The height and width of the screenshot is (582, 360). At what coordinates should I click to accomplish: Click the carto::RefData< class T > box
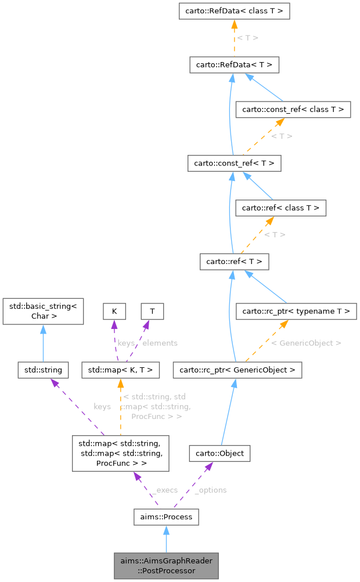pos(234,11)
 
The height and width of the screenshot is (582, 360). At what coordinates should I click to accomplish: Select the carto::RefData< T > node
pos(234,64)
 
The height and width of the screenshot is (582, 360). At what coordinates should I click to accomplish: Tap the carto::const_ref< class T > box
pos(293,109)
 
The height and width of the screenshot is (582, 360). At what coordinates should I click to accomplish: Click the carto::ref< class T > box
pos(280,207)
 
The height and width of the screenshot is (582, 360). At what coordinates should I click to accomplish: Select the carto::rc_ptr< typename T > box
pos(296,312)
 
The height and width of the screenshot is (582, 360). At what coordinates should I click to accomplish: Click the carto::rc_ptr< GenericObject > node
pos(237,369)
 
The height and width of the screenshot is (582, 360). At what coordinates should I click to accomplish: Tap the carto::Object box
pos(219,453)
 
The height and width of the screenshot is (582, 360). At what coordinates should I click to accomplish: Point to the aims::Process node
pos(166,516)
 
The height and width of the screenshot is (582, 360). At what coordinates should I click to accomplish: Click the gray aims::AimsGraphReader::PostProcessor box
pos(166,566)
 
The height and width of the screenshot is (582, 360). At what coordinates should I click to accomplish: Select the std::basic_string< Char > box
pos(44,311)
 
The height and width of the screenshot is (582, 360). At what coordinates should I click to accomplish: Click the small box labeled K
pos(114,311)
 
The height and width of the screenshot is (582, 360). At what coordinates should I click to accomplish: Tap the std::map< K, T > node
pos(120,369)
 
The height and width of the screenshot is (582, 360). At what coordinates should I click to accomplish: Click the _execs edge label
pos(164,490)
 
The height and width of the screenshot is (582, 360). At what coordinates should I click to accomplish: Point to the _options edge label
pos(210,490)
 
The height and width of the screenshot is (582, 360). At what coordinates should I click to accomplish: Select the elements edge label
pos(160,343)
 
